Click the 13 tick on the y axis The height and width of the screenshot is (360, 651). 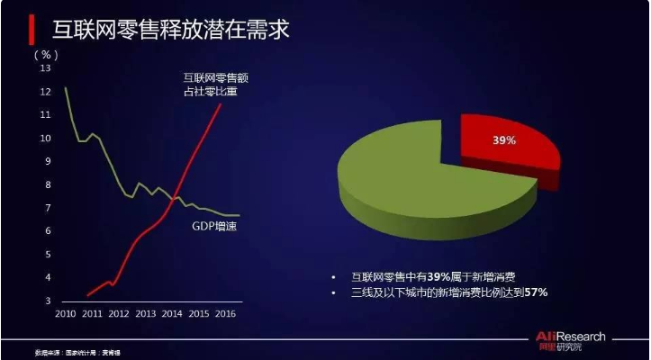(47, 68)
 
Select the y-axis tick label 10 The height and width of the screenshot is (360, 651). (47, 139)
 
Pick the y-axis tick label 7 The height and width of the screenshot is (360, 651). (49, 209)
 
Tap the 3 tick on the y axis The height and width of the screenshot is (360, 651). (49, 301)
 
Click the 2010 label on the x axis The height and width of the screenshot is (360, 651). (66, 315)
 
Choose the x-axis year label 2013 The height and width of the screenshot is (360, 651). (147, 315)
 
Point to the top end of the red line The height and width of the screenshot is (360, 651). (222, 104)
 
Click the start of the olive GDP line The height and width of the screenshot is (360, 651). (65, 87)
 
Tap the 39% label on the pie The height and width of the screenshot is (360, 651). (503, 140)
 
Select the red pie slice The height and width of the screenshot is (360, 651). (510, 148)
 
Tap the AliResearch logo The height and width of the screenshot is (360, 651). (576, 341)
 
